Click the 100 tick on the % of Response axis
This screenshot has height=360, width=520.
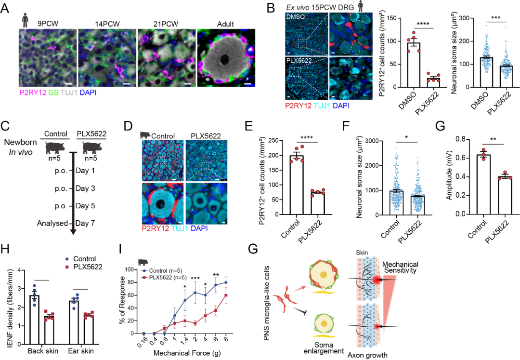131,269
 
